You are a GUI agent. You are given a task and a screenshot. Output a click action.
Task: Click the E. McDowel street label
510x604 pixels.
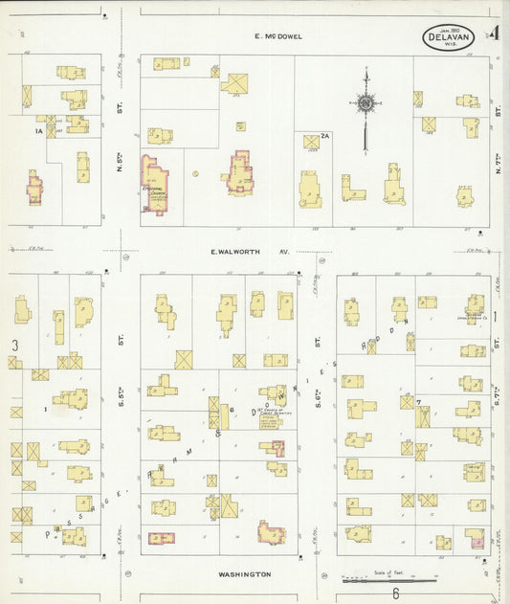277,36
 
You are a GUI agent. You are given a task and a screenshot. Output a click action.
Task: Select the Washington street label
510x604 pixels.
244,574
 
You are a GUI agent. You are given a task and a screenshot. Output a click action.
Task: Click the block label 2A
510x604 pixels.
324,136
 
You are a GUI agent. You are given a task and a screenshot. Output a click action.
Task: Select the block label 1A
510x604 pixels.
39,130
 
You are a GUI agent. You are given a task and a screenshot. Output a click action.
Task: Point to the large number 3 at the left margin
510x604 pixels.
14,344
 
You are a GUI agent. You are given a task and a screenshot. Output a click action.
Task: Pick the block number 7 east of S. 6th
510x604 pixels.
419,401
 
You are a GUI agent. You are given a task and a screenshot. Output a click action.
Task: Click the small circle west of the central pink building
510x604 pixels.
195,174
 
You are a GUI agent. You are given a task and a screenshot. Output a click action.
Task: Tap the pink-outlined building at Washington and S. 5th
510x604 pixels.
161,538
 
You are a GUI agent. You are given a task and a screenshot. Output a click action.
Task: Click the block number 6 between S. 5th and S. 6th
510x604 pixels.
232,409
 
